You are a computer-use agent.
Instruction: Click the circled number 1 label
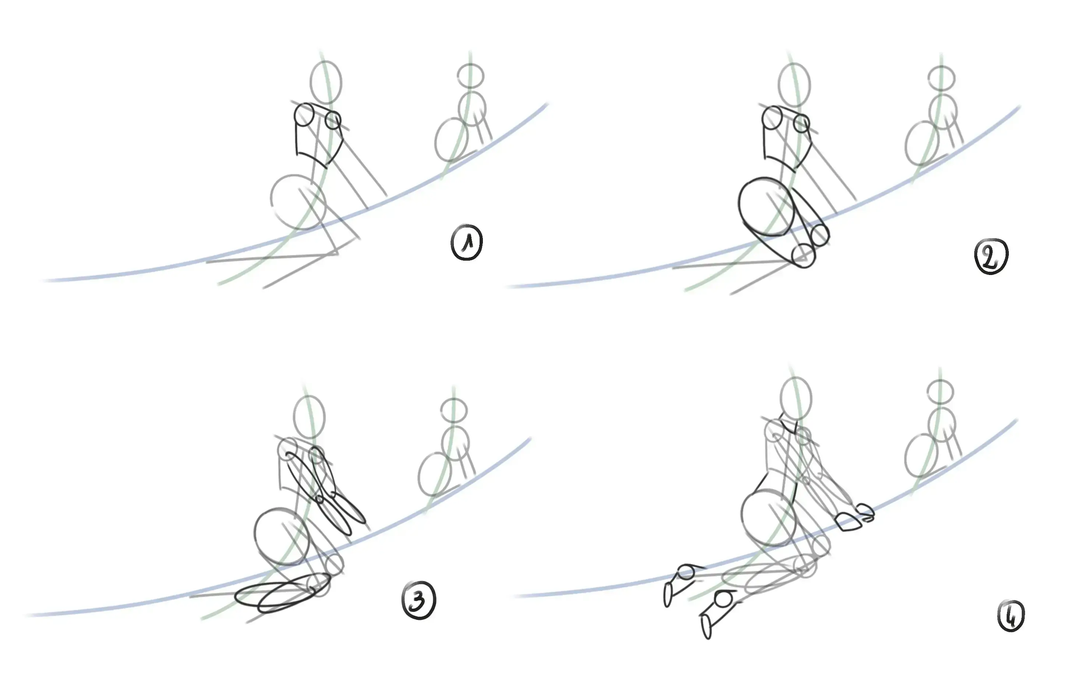[467, 243]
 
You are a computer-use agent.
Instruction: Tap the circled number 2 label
[991, 256]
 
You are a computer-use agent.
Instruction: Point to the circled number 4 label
[1011, 616]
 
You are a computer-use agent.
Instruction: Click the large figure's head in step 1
[326, 82]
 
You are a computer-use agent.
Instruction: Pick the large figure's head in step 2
[794, 85]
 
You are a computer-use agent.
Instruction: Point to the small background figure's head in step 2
[941, 78]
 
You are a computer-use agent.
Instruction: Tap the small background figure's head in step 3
[454, 409]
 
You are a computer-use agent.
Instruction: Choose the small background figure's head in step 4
[941, 392]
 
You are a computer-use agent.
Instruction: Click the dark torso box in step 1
[317, 135]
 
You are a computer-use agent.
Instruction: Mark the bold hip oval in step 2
[766, 207]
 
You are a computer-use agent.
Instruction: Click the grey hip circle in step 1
[298, 202]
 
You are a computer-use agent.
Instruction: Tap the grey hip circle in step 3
[282, 536]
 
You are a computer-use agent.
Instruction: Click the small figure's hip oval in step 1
[452, 140]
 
